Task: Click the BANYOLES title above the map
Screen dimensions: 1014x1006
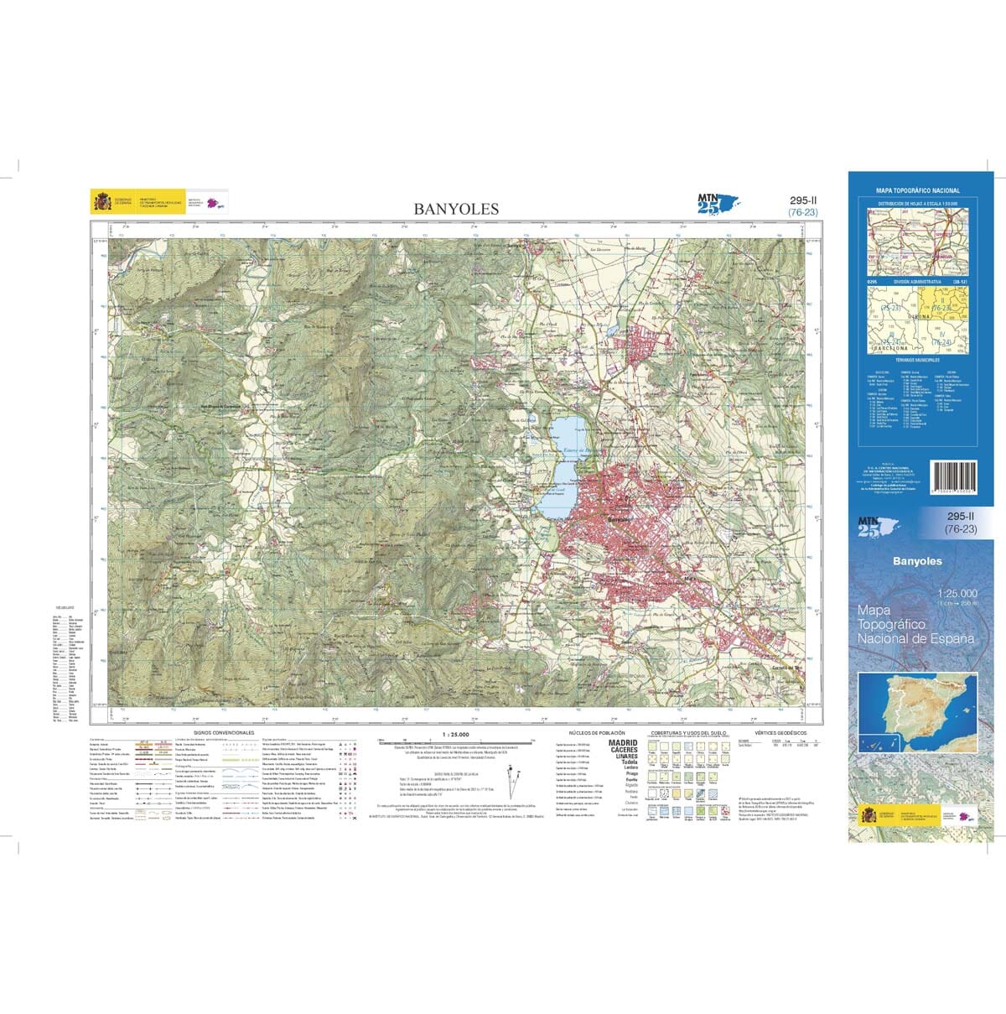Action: [x=456, y=209]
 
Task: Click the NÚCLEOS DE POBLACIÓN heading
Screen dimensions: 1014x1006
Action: [x=598, y=732]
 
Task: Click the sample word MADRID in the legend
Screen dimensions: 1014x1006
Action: [x=623, y=743]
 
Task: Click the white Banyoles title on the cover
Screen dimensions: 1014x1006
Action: [x=917, y=561]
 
